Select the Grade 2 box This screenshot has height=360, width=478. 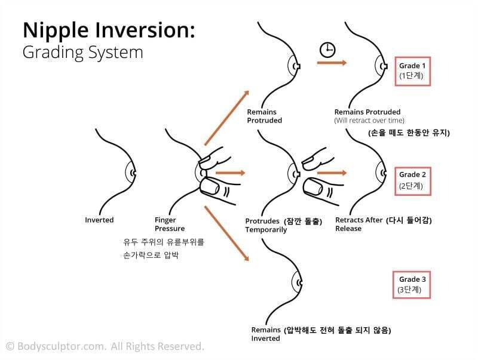point(413,180)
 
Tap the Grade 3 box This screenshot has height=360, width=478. point(413,284)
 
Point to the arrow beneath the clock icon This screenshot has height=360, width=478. point(332,63)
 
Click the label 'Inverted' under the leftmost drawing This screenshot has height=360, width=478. point(99,220)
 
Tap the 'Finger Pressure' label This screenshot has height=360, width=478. point(170,224)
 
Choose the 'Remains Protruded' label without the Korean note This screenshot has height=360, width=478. point(264,116)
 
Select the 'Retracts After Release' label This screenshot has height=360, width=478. point(358,224)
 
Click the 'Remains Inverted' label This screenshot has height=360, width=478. point(266,334)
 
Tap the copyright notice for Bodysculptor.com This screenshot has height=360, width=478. point(105,346)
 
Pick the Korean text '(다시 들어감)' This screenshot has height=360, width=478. point(409,220)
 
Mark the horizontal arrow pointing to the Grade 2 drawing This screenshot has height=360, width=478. point(332,173)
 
